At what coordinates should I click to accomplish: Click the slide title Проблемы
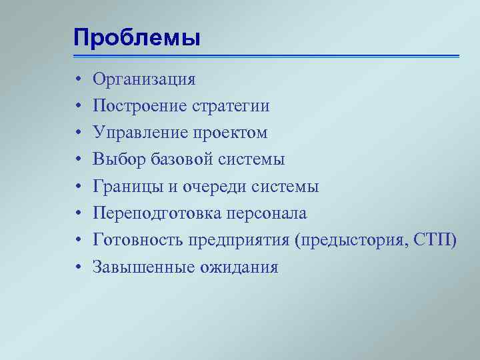[137, 37]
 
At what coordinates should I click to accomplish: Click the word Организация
[144, 80]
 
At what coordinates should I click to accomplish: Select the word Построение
[140, 107]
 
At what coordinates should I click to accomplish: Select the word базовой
[177, 160]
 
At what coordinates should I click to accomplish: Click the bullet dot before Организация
[78, 81]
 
